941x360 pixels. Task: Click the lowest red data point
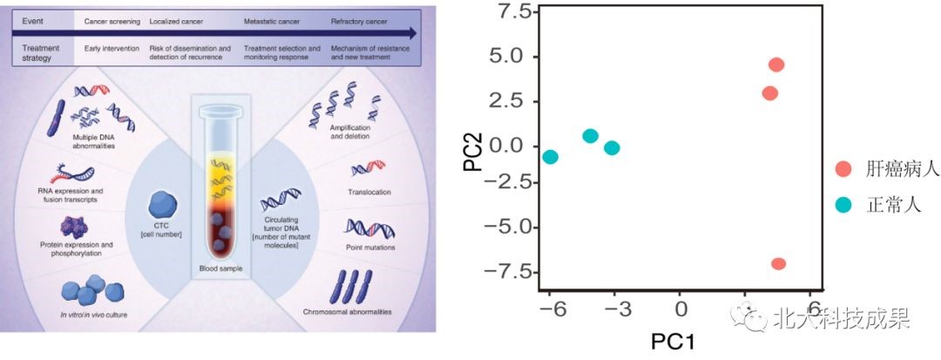(x=778, y=263)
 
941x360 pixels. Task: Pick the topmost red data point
(x=776, y=65)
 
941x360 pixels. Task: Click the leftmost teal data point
(x=550, y=157)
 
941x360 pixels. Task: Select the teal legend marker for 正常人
(x=843, y=205)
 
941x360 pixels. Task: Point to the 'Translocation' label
(x=370, y=192)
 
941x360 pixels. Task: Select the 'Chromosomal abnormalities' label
(x=347, y=311)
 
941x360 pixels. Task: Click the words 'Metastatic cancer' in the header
(x=270, y=19)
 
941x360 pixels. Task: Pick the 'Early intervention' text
(x=112, y=48)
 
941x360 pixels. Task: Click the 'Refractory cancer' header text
(x=359, y=19)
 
